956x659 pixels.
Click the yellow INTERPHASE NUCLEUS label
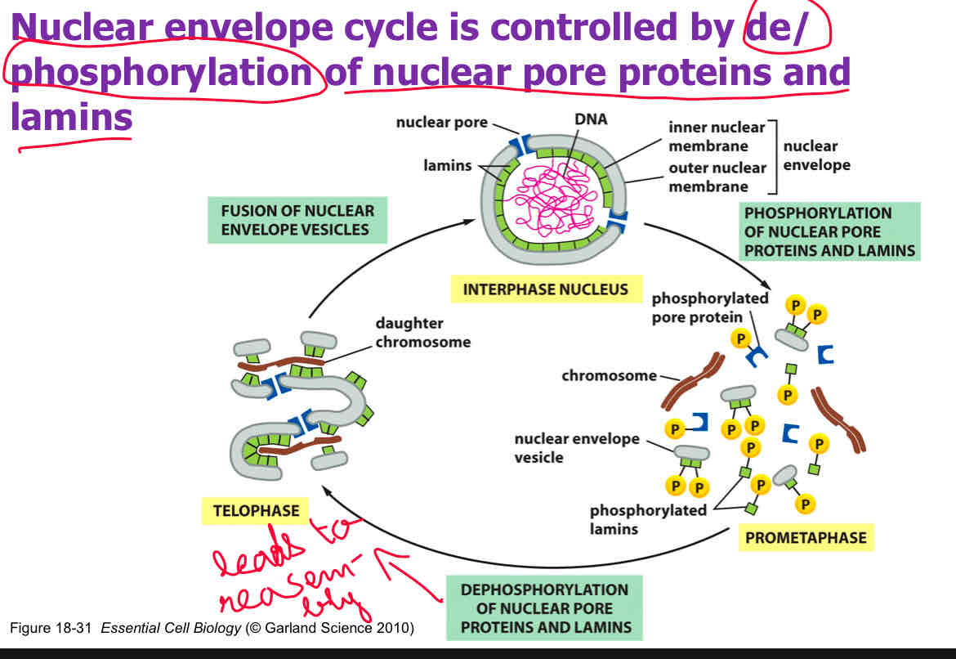545,289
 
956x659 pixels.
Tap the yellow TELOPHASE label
256,511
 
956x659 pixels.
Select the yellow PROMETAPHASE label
805,538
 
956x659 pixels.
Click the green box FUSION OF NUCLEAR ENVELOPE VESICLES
297,219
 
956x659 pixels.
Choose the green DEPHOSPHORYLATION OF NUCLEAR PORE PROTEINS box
544,608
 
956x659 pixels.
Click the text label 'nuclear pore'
441,123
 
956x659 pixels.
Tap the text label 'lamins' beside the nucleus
447,166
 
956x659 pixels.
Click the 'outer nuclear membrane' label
717,177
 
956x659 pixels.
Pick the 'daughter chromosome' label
422,333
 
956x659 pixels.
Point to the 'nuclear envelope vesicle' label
577,448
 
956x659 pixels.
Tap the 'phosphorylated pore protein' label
709,307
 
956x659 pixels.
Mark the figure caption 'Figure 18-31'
51,629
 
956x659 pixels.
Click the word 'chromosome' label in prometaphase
609,375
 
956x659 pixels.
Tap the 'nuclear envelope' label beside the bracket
816,155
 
